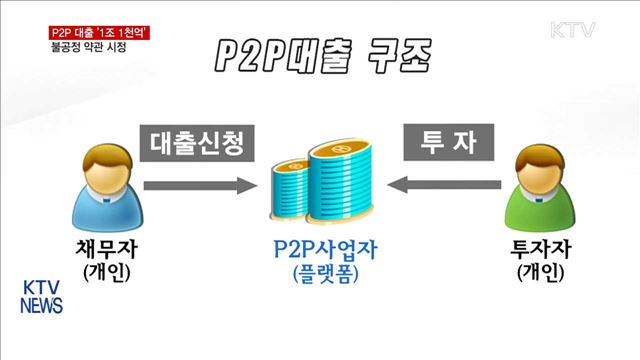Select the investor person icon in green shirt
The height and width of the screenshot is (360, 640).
click(544, 185)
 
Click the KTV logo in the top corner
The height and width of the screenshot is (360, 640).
click(571, 29)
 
